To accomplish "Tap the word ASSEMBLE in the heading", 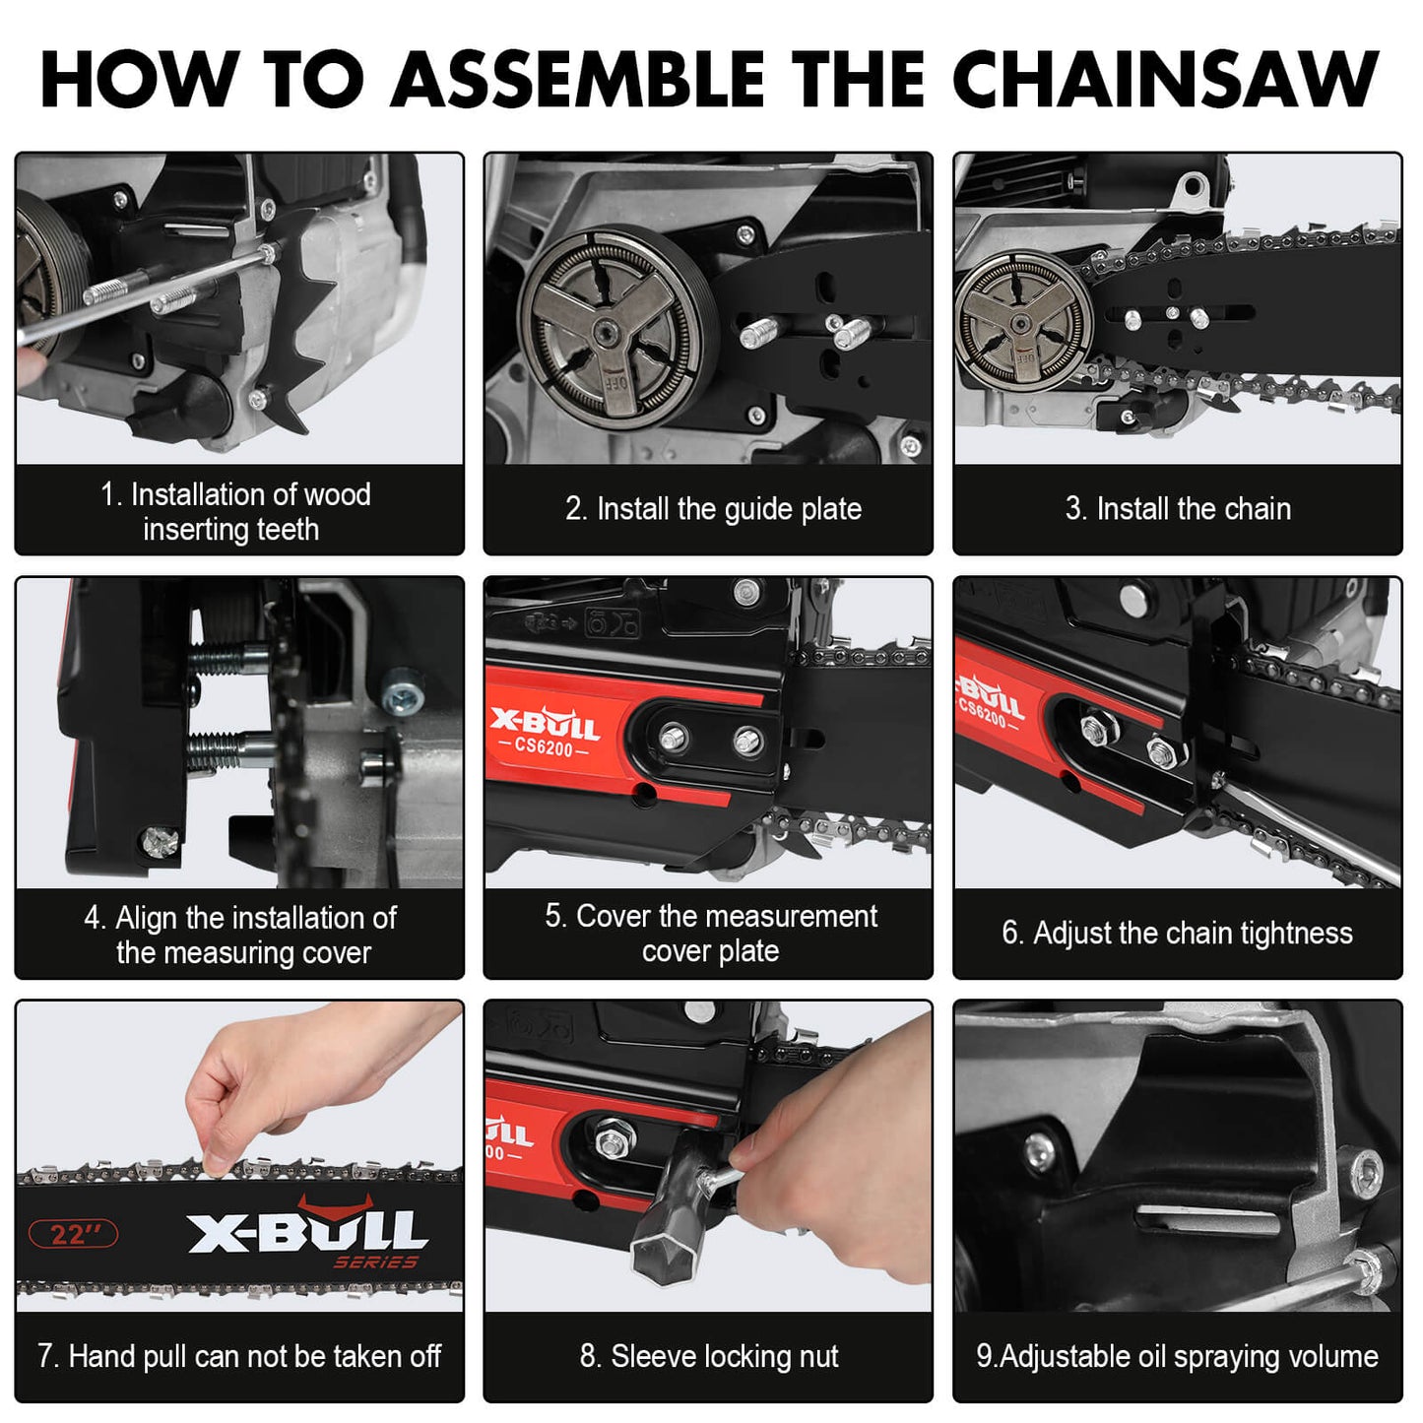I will click(578, 79).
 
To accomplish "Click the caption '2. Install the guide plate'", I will click(713, 509).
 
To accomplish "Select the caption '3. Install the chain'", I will click(1178, 509).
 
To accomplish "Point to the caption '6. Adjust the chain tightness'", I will click(1177, 933).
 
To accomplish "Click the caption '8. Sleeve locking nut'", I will click(709, 1356).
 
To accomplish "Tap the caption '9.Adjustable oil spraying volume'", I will click(1177, 1356).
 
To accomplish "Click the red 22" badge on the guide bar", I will click(73, 1234).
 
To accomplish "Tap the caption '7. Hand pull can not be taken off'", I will click(239, 1356).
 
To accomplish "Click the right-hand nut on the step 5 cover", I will click(747, 740).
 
